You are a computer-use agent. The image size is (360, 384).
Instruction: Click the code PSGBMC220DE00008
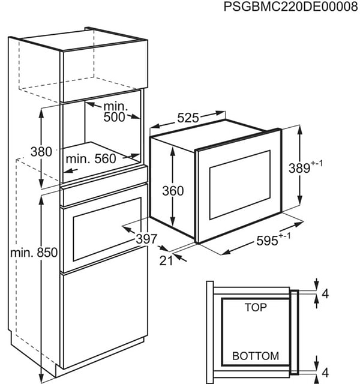tap(290, 7)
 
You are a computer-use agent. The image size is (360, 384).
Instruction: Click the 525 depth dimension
tap(188, 118)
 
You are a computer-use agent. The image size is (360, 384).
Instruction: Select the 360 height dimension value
tap(173, 191)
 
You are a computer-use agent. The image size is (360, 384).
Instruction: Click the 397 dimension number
tap(146, 239)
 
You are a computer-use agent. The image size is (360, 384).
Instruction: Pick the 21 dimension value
tap(166, 261)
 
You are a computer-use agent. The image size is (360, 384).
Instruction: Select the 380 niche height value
tap(41, 152)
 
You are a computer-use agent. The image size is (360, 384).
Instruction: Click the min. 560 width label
tap(91, 159)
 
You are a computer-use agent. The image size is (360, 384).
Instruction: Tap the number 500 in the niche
tap(114, 117)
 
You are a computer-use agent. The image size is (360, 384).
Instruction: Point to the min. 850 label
tap(34, 253)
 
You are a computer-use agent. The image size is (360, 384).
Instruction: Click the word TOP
tap(256, 307)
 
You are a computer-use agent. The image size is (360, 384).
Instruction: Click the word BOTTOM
tap(256, 356)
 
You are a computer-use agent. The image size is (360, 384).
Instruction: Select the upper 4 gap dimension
tap(325, 293)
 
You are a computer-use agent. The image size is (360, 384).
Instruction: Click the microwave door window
tap(240, 185)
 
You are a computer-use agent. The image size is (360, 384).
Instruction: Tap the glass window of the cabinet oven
tap(107, 229)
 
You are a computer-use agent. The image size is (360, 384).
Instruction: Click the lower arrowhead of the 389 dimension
tap(299, 199)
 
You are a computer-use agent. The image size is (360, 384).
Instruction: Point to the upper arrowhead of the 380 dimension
tap(41, 113)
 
